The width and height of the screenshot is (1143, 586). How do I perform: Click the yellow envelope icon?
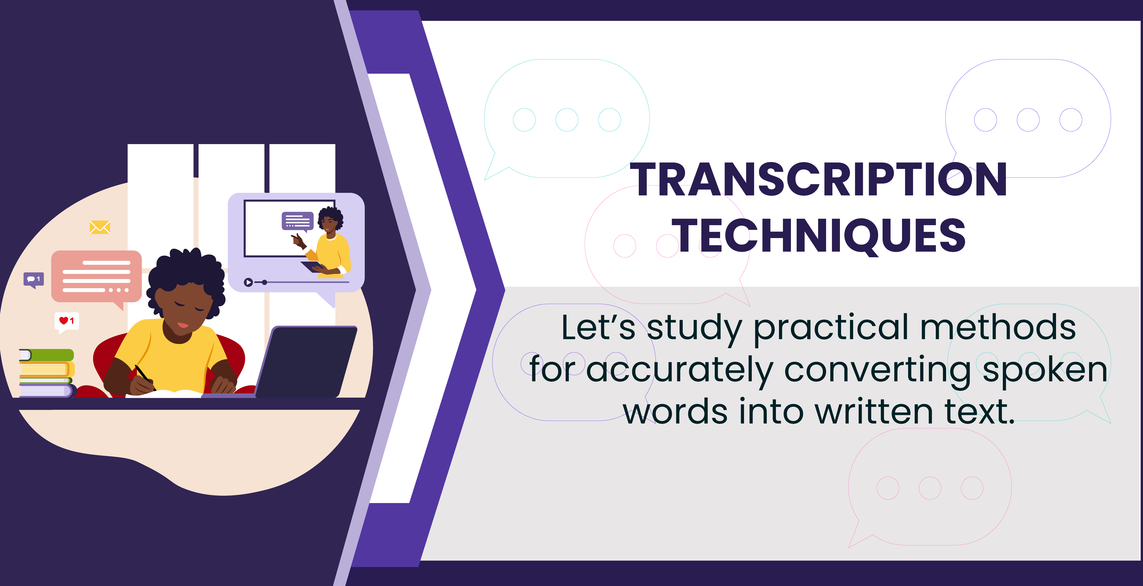[100, 227]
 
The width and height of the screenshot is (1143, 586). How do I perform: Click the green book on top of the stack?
[47, 355]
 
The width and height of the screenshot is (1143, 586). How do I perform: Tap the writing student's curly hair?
[186, 277]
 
